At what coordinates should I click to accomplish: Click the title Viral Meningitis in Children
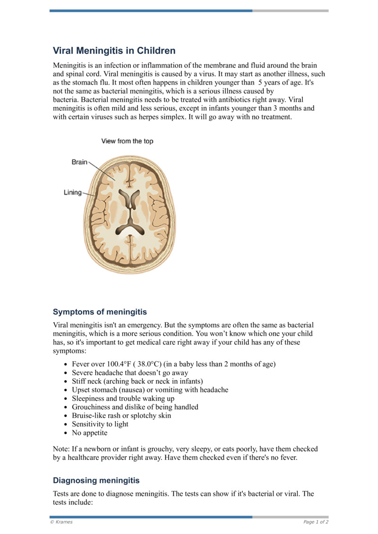coord(114,51)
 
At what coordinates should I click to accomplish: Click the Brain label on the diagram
coord(79,162)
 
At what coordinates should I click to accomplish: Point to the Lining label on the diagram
coord(73,193)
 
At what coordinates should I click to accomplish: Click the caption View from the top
coord(127,141)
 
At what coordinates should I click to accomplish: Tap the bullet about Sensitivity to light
coord(100,424)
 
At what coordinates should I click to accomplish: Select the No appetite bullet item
coord(89,432)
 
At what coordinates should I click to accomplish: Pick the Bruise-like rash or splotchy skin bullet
coord(121,415)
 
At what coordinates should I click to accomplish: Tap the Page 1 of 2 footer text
coord(316,522)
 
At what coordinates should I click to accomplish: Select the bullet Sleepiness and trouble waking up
coord(123,398)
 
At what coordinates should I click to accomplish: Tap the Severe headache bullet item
coord(129,373)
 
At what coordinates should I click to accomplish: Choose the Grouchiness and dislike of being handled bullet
coord(135,407)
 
